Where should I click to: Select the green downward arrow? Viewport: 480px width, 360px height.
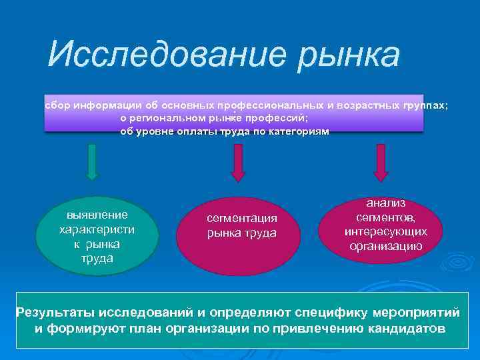point(93,162)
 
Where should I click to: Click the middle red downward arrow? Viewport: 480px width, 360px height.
point(238,162)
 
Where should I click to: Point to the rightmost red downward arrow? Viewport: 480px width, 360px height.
point(381,162)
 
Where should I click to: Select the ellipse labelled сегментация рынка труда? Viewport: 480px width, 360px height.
point(241,226)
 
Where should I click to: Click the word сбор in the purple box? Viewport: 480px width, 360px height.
point(57,106)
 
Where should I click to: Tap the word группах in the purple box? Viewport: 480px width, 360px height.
point(426,106)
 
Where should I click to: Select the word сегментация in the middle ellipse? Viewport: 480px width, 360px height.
point(241,219)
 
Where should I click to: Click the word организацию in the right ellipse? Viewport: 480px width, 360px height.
point(385,245)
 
